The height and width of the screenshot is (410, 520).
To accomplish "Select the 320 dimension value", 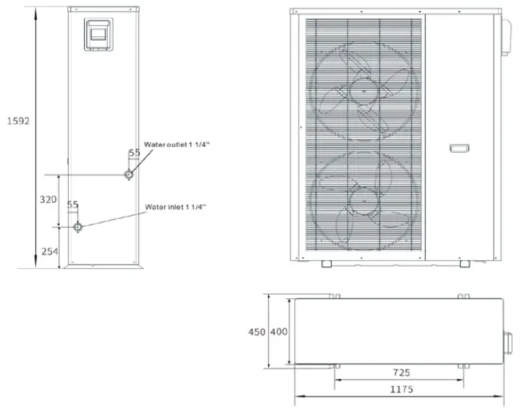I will coord(48,200).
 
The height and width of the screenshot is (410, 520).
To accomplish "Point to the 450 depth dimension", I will coord(256,332).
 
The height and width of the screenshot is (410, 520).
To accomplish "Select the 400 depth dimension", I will coord(279,332).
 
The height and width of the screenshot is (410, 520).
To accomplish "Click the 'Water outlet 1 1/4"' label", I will coord(177,145).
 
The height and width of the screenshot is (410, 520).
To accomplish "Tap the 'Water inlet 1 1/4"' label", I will coord(175,206).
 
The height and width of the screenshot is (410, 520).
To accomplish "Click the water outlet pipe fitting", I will coord(129,175).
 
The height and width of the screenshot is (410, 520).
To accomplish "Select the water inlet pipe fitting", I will coord(78,226).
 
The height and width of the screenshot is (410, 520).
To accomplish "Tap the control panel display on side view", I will coord(98,33).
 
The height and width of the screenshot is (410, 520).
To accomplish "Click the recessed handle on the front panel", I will coord(459,148).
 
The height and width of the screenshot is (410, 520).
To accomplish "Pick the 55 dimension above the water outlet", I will coord(134,153).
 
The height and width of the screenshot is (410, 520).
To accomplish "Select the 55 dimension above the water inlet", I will coord(72,205).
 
